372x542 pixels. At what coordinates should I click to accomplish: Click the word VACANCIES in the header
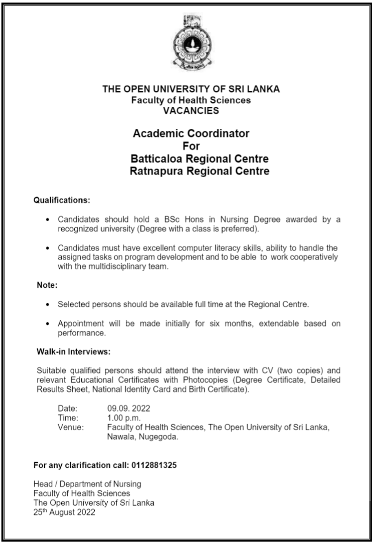pos(191,111)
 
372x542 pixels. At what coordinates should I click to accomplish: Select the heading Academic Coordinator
pos(191,134)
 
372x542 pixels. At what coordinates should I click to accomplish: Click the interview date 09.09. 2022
pos(129,408)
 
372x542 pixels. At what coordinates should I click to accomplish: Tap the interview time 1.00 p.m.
pos(124,418)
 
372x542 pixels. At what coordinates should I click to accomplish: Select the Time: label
pos(68,418)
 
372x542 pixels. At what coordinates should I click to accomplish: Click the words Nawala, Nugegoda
pos(143,437)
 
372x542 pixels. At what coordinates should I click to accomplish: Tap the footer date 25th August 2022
pos(64,513)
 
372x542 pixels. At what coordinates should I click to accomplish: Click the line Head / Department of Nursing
pos(87,484)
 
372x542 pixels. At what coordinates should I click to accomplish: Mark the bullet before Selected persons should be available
pos(47,304)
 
